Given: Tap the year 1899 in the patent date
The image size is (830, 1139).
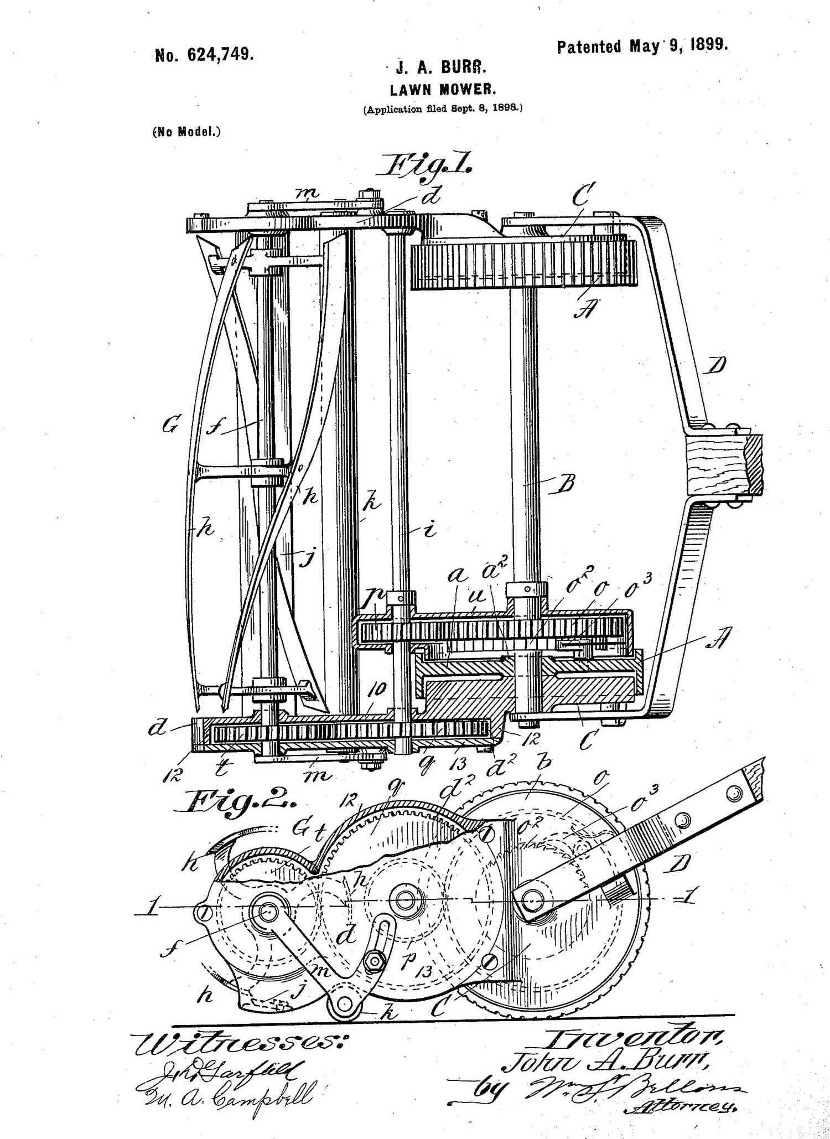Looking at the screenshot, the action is [x=708, y=45].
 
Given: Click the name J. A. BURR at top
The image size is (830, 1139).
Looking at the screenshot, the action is [x=441, y=69].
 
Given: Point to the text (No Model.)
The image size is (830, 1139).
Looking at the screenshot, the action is [x=186, y=133].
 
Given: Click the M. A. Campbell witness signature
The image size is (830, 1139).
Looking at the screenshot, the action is [x=227, y=1094].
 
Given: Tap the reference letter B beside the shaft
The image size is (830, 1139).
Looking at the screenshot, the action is [x=564, y=485].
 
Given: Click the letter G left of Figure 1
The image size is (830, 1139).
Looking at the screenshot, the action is [x=170, y=426].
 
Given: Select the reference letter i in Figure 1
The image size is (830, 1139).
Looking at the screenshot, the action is [x=429, y=530].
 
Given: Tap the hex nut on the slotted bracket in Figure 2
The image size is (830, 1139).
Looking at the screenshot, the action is [x=375, y=961].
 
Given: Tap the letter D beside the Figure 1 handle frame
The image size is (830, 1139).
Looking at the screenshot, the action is [x=717, y=366].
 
